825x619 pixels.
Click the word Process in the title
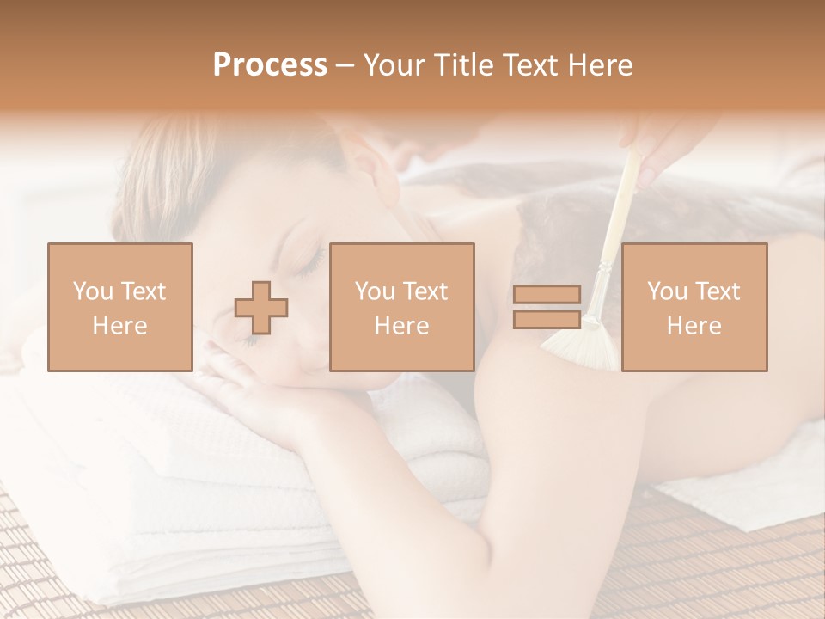[270, 65]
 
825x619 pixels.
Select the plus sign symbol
[261, 307]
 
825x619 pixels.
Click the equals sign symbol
[547, 307]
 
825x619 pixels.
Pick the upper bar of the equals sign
[547, 295]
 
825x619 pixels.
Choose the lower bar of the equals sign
[547, 319]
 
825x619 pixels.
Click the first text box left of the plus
[120, 307]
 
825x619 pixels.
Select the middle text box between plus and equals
[402, 307]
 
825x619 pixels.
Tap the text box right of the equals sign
[694, 307]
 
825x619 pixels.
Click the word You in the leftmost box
[92, 291]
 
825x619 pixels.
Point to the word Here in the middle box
[402, 325]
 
